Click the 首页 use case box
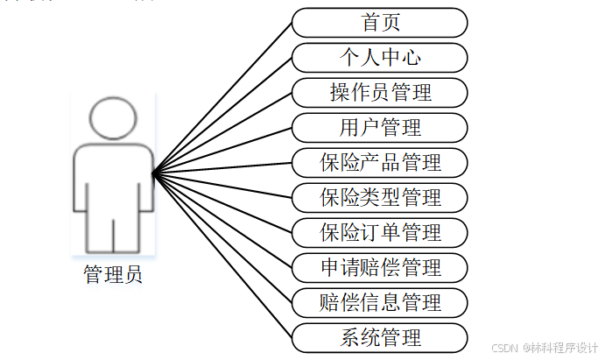coord(379,23)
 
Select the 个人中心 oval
coord(379,58)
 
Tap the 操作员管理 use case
coord(379,93)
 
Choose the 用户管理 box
coord(379,128)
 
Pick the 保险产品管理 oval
coord(379,163)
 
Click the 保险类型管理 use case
coord(379,198)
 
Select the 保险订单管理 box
coord(379,233)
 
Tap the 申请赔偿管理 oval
coord(379,268)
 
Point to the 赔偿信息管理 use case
coord(379,303)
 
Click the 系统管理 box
coord(379,338)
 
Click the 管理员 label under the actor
coord(113,275)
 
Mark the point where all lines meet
coord(153,174)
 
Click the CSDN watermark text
coord(505,348)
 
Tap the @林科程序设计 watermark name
coord(560,348)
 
